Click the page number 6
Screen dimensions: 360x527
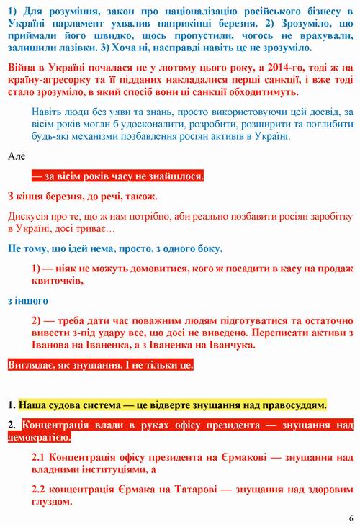click(351, 518)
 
